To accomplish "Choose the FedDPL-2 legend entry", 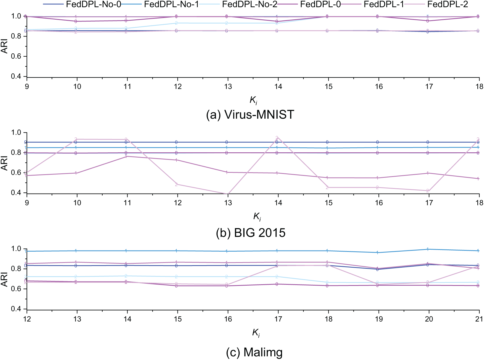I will click(447, 4).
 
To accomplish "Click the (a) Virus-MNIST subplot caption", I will click(250, 114).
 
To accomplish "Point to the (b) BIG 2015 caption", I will click(251, 233).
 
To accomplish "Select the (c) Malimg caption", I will click(254, 352).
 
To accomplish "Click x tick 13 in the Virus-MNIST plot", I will click(228, 87).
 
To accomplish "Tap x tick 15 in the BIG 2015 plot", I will click(328, 203).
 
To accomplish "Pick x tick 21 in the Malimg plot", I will click(479, 319).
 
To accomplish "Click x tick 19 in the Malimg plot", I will click(379, 319).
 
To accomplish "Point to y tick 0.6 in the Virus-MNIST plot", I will click(16, 56).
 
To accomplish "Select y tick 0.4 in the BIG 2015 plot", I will click(16, 193).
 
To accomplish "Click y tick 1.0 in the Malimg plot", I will click(16, 249).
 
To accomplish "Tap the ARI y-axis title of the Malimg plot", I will click(4, 279).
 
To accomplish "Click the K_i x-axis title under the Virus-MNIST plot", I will click(253, 100).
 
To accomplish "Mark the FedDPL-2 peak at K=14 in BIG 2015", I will click(277, 138).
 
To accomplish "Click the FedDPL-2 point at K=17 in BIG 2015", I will click(428, 191).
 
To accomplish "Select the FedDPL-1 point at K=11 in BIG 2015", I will click(126, 156).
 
